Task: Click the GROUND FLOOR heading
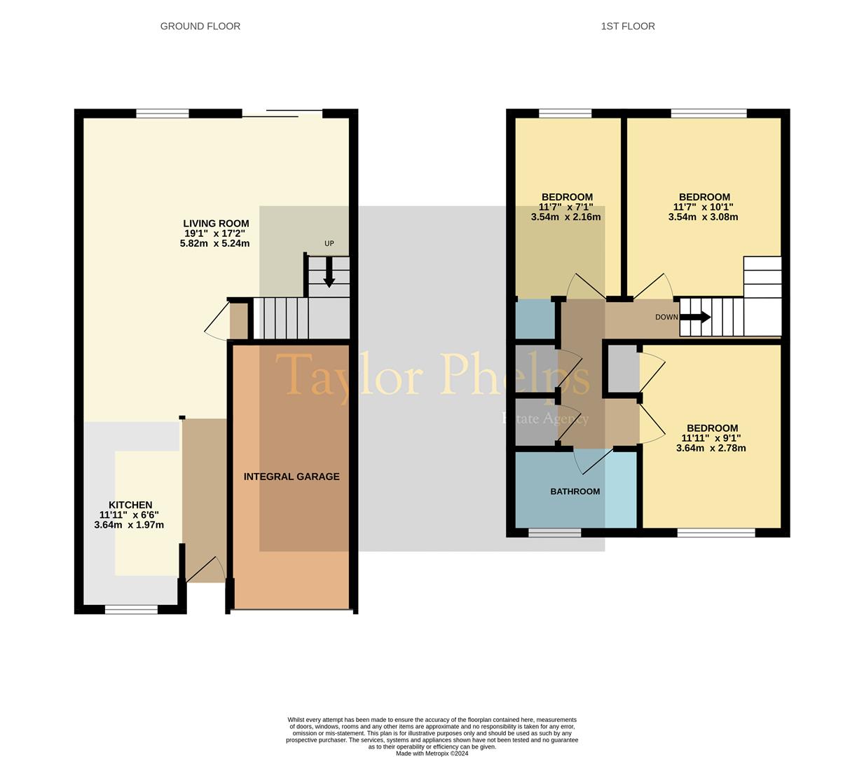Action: point(200,26)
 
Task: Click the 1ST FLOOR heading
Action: point(628,26)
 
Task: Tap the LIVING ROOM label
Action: point(216,224)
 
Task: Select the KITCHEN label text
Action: point(130,505)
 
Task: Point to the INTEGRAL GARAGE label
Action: point(292,477)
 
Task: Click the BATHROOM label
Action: point(575,491)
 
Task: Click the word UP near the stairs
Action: point(329,243)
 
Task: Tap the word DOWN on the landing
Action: point(666,317)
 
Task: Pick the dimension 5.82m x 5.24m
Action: point(214,243)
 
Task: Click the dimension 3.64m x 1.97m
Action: point(129,525)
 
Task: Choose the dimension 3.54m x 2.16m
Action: point(566,217)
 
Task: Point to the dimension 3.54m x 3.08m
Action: point(703,217)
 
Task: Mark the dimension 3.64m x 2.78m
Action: point(711,448)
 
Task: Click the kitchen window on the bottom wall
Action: point(131,609)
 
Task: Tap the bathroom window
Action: point(555,533)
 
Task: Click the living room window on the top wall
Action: point(162,114)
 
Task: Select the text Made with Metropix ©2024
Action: point(432,753)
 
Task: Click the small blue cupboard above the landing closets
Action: point(535,319)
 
